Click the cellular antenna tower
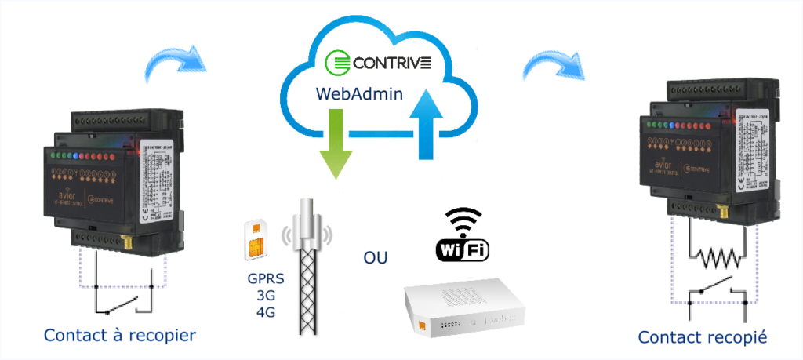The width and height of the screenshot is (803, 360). click(x=309, y=267)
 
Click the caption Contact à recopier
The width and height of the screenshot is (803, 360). click(x=119, y=336)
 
